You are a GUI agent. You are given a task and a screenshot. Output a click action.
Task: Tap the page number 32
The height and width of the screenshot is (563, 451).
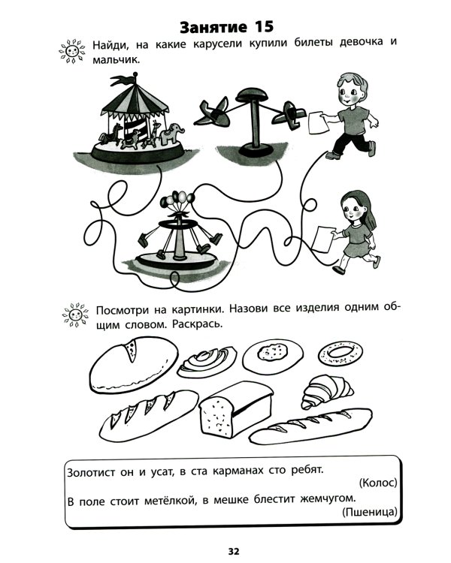tap(234, 551)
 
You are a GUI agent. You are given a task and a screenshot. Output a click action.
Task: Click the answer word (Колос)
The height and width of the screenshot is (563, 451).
tap(378, 483)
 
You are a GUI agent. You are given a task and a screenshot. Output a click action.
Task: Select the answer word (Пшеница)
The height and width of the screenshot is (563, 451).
tap(370, 512)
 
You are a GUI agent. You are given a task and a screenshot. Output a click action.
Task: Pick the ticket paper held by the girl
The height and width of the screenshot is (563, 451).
tap(323, 238)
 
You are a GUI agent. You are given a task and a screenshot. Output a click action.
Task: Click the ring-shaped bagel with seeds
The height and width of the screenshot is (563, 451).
tap(341, 353)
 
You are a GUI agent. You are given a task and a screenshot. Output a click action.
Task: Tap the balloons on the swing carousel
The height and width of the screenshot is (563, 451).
tap(177, 200)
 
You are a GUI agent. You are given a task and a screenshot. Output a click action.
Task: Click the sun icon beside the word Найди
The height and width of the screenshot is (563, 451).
tap(72, 51)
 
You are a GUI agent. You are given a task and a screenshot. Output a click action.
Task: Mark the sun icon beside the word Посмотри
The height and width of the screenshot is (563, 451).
tap(75, 315)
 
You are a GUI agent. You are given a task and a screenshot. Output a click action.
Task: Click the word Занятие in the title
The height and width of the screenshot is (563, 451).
tap(213, 27)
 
